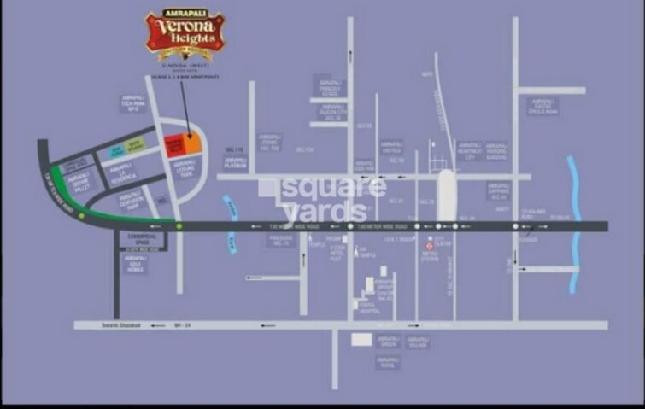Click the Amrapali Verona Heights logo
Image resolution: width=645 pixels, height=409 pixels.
point(184,33)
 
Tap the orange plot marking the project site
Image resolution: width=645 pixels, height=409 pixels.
point(193,143)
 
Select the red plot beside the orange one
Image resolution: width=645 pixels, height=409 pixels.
point(173,144)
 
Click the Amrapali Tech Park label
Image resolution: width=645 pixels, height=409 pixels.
point(130,103)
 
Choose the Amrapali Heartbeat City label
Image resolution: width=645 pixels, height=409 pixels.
point(470,150)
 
